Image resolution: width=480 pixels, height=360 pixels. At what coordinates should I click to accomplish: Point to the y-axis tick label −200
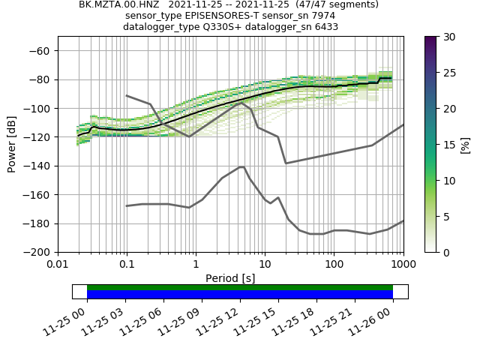click(39, 252)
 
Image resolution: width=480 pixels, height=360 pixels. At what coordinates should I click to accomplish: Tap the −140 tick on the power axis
click(39, 166)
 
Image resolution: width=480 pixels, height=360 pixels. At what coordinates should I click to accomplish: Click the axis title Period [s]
click(230, 278)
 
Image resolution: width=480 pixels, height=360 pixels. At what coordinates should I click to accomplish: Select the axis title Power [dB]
click(12, 144)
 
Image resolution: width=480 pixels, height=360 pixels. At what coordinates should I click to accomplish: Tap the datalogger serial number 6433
click(322, 27)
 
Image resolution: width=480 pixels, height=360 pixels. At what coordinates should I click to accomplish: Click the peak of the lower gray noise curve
click(241, 167)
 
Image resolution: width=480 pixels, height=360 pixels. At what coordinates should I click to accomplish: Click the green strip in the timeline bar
click(240, 287)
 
